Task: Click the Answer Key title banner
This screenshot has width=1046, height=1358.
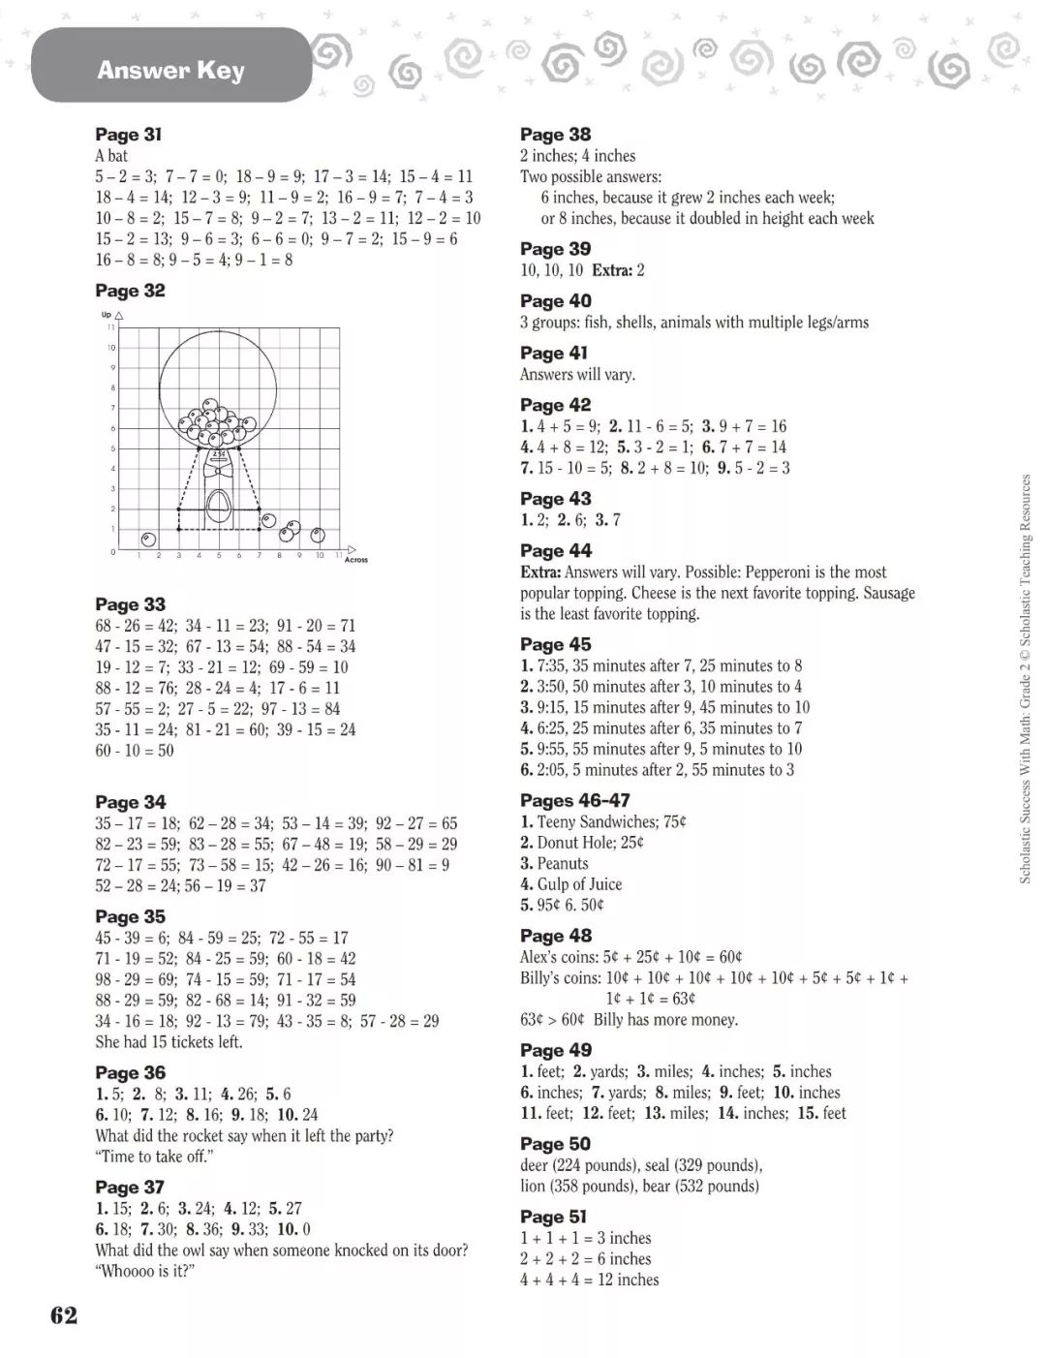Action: point(170,69)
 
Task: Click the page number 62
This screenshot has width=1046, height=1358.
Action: point(64,1314)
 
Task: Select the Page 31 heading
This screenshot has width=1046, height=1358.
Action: point(128,135)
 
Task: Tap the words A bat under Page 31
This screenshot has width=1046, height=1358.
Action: point(111,156)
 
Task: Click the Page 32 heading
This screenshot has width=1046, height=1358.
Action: point(130,291)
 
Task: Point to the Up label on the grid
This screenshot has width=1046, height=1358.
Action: point(107,315)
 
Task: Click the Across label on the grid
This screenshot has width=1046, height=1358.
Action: point(355,560)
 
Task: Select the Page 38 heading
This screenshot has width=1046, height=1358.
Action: point(555,135)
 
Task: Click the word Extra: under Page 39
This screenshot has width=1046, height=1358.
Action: point(612,270)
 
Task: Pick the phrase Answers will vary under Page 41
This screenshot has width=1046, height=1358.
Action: point(577,375)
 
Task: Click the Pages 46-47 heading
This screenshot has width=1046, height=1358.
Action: point(574,800)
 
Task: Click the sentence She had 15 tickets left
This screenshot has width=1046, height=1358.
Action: point(169,1042)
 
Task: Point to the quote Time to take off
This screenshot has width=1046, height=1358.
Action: point(154,1157)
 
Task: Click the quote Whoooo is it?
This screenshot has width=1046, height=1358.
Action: point(145,1271)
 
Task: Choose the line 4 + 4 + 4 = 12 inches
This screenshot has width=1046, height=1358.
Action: point(589,1280)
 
